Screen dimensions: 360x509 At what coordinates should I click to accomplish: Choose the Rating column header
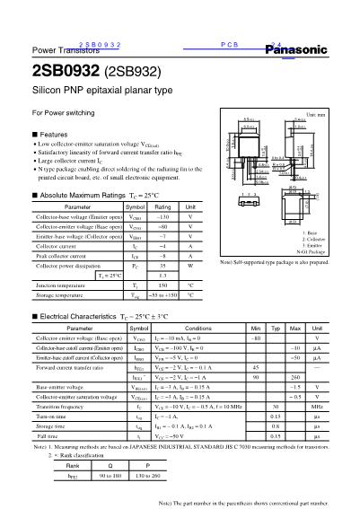tap(162, 206)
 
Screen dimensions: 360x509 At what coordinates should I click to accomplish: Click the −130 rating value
tap(162, 217)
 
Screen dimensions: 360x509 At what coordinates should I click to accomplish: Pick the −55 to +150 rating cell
tap(162, 294)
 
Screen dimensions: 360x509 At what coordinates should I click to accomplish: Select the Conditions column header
tap(198, 329)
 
